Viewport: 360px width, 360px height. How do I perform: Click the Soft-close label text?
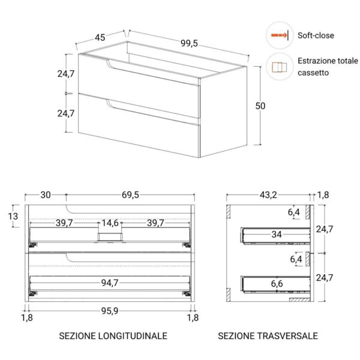[316, 36]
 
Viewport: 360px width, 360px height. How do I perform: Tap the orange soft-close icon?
[279, 36]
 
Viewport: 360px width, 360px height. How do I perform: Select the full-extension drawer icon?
[278, 67]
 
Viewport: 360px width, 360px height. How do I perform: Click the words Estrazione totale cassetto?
[327, 67]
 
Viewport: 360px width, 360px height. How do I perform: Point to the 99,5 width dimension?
[188, 43]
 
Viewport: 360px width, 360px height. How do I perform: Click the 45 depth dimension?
[100, 37]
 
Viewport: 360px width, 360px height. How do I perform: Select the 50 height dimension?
[260, 106]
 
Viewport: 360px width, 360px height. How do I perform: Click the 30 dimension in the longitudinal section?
[45, 195]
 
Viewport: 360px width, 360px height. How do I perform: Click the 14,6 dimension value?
[110, 223]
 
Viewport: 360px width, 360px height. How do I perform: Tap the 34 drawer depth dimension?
[276, 235]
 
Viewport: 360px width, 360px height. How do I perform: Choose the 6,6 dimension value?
[276, 283]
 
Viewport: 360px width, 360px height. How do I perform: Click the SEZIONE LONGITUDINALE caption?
[113, 336]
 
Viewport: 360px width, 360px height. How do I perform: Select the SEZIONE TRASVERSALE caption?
[268, 336]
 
